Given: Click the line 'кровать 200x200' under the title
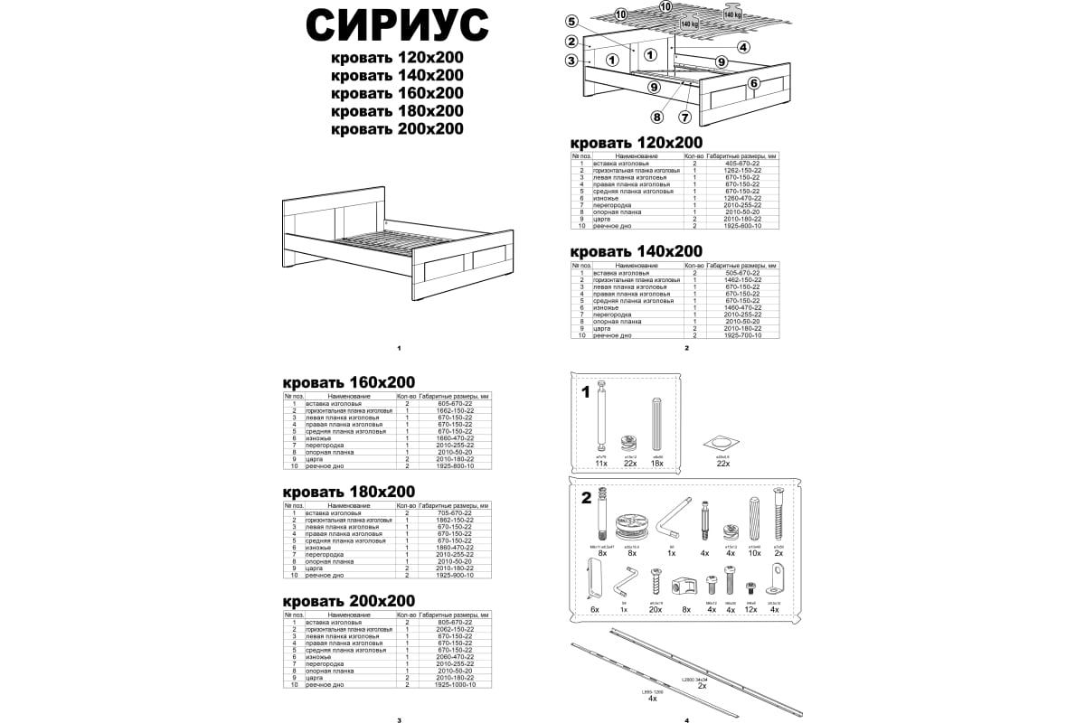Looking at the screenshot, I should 398,129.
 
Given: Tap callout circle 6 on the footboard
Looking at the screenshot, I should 753,83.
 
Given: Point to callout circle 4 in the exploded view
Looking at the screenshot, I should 743,47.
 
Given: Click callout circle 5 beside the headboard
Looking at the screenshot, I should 571,22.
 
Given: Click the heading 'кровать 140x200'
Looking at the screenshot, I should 636,250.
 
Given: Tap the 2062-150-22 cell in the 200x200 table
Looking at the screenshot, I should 457,629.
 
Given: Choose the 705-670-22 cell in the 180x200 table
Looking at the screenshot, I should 457,512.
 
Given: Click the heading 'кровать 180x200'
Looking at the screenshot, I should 349,491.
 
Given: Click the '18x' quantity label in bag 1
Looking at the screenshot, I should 657,464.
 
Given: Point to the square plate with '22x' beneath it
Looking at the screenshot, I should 722,443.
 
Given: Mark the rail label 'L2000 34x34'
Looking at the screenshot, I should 694,678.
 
